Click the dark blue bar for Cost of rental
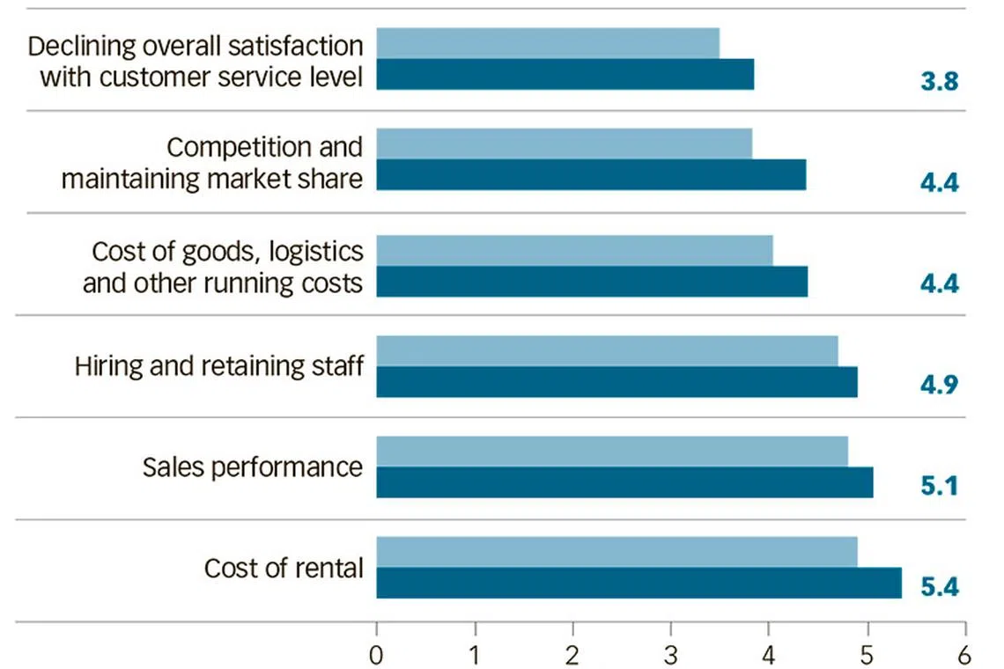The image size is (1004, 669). point(639,583)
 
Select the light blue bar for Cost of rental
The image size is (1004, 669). point(616,552)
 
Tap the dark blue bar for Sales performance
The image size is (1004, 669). point(624,482)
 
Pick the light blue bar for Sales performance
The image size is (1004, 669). point(612,451)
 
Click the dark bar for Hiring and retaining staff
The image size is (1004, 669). point(616,382)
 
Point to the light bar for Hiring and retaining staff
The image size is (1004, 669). point(607,350)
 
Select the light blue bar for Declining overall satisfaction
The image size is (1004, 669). point(548,43)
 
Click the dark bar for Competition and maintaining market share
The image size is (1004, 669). point(591,175)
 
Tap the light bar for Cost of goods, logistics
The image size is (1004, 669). point(574,250)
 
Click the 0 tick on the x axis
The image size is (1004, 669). point(377,655)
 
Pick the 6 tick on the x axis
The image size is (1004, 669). point(965,655)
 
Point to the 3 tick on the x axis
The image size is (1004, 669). point(671,655)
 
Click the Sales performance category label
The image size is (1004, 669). point(252,467)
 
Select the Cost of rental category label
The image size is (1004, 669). point(283,568)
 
